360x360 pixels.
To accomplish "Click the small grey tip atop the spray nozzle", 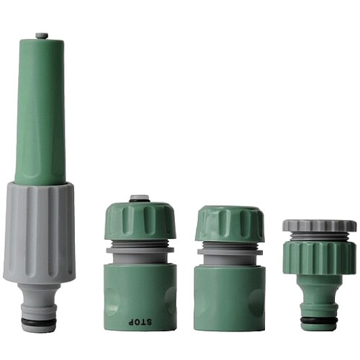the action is [42, 36].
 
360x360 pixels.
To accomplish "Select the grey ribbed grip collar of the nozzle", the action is [39, 233].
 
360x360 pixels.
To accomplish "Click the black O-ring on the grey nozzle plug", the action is [39, 321].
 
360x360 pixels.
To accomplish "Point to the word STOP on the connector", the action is [140, 322].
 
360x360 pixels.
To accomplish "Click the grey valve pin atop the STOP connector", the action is [140, 199].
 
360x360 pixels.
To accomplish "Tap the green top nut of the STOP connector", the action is [140, 220].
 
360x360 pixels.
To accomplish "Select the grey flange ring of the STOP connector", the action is [140, 251].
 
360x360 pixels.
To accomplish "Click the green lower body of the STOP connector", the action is [140, 297].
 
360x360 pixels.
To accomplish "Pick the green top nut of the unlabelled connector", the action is [230, 223].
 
